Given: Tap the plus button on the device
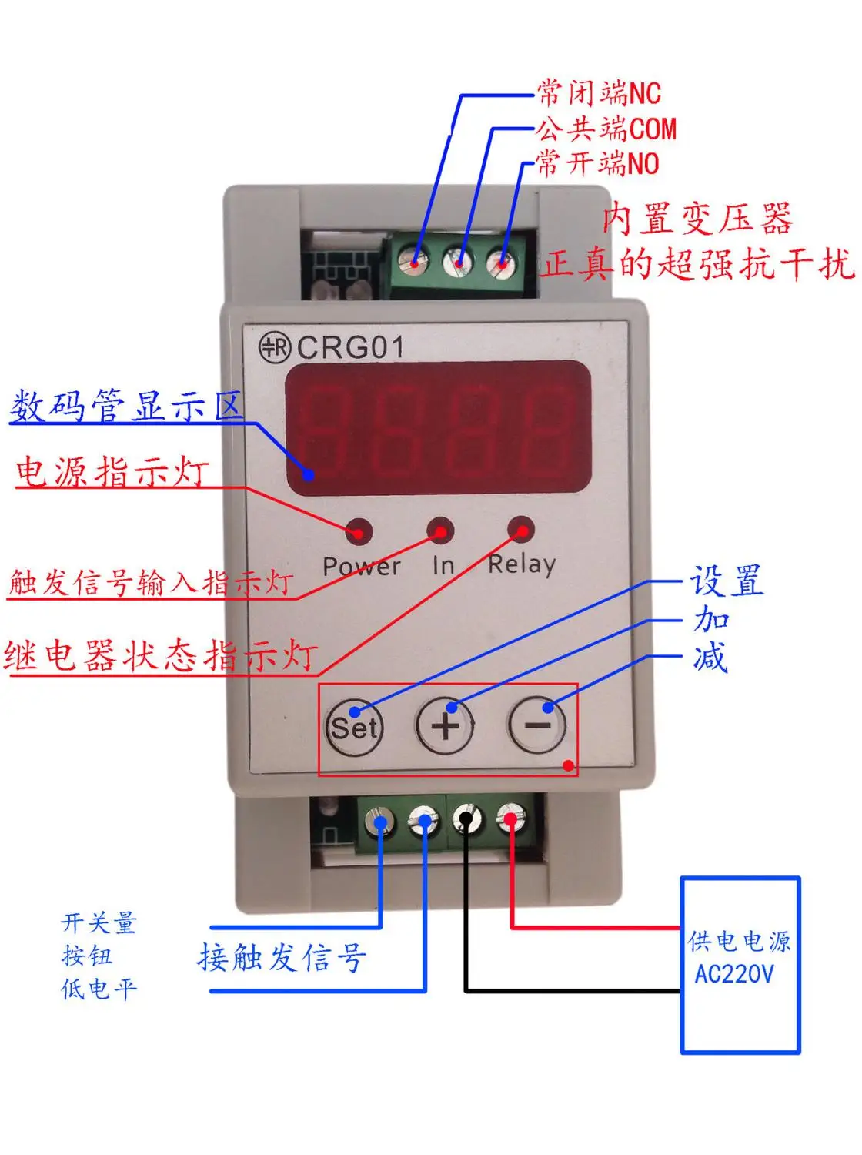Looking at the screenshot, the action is pos(445,725).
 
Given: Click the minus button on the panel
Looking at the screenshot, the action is pos(537,725).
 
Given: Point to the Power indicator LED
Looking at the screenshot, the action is pos(359,531).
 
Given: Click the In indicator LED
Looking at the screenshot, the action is pos(440,531).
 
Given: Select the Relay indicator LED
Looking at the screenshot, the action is pos(521,530).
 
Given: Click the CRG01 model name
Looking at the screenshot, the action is pos(350,347).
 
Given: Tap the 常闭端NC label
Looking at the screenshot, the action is pos(599,93).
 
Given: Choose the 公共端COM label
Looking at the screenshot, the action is pos(606,129).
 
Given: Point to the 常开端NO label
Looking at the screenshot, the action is pos(597,163).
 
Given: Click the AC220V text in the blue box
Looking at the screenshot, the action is pos(734,974).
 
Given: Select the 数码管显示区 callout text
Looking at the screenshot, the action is pos(126,406).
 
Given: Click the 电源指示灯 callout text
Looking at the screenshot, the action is pos(112,471).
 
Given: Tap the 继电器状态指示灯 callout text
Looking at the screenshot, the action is pos(160,656).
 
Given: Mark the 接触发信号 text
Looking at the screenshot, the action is pos(282,957).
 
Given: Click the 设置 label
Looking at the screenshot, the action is pos(727,581).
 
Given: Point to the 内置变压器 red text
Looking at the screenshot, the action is pos(697,219).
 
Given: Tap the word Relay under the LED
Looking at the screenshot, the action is pos(522,564).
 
